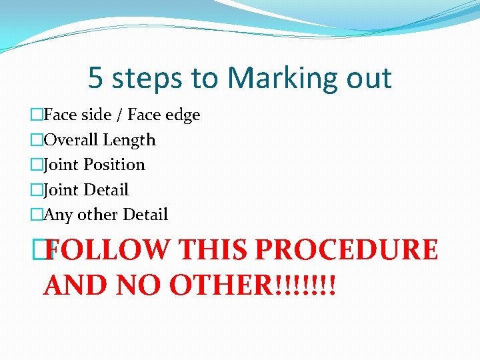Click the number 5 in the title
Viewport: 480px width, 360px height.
[x=95, y=78]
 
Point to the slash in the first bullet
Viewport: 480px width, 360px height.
[x=117, y=115]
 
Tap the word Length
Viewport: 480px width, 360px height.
[x=129, y=141]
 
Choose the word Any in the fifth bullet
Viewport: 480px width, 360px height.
[x=58, y=215]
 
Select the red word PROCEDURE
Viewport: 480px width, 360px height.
[x=347, y=250]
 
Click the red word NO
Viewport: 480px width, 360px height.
[x=139, y=285]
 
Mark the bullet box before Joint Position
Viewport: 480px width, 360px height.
[x=36, y=165]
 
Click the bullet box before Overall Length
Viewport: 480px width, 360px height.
[x=36, y=140]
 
